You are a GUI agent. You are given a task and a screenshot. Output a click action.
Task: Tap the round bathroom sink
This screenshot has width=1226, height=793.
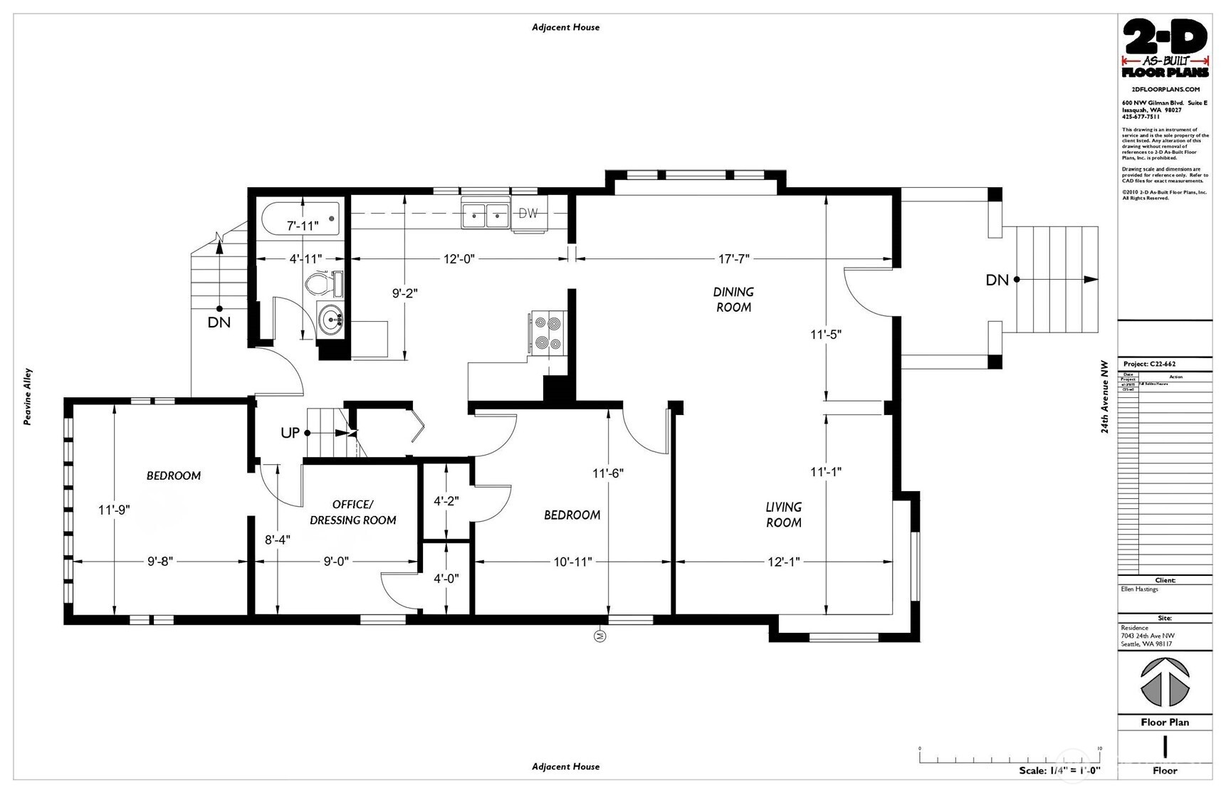pyautogui.click(x=332, y=320)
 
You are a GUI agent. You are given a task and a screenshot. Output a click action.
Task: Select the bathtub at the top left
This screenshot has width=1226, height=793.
pyautogui.click(x=300, y=218)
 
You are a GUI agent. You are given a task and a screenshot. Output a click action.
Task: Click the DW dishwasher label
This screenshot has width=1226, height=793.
pyautogui.click(x=528, y=214)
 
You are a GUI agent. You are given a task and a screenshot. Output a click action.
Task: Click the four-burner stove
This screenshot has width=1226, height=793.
pyautogui.click(x=548, y=332)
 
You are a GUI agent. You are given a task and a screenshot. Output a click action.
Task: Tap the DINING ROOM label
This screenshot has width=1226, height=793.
pyautogui.click(x=733, y=300)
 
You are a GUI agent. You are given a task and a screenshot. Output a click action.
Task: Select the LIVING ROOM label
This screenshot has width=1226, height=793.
pyautogui.click(x=783, y=515)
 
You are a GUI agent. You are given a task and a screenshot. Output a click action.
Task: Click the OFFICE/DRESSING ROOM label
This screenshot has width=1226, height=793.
pyautogui.click(x=352, y=513)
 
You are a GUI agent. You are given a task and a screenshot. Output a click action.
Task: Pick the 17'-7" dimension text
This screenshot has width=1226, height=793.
pyautogui.click(x=733, y=259)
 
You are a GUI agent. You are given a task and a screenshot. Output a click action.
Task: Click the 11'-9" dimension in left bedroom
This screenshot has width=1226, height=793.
pyautogui.click(x=114, y=510)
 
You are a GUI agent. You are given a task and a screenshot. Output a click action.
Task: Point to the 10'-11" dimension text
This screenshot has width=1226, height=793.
pyautogui.click(x=572, y=562)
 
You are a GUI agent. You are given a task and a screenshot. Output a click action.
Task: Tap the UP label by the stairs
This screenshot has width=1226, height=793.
pyautogui.click(x=290, y=433)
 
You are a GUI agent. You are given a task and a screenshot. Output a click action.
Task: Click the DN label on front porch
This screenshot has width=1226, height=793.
pyautogui.click(x=997, y=280)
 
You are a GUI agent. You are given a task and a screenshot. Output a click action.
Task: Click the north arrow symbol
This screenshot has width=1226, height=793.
pyautogui.click(x=1165, y=682)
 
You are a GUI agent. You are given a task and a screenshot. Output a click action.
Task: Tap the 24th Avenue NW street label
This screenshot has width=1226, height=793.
pyautogui.click(x=1105, y=397)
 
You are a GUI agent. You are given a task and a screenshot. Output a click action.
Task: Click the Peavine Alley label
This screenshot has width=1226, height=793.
pyautogui.click(x=28, y=397)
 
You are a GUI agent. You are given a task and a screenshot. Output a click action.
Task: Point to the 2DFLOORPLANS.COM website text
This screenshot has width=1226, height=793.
pyautogui.click(x=1165, y=90)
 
